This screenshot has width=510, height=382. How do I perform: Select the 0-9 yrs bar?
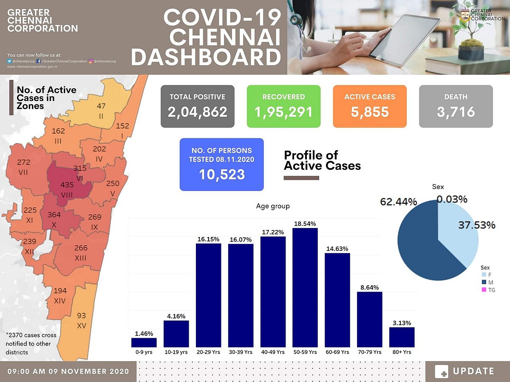(144, 342)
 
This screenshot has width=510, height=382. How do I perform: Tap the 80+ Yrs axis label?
(402, 352)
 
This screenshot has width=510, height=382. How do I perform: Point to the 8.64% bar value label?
(369, 287)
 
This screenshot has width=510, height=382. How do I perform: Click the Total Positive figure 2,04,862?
(197, 112)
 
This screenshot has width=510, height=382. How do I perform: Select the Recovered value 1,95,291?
(283, 112)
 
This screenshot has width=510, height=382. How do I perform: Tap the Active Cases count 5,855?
(369, 112)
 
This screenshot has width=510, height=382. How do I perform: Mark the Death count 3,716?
(456, 112)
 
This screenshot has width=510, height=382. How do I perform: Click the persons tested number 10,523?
(221, 174)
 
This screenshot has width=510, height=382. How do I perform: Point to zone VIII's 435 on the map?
(67, 185)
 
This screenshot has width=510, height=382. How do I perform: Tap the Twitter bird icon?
(10, 61)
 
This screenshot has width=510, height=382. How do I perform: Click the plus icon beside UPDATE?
(442, 371)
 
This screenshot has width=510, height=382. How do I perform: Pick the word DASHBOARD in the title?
(206, 58)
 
